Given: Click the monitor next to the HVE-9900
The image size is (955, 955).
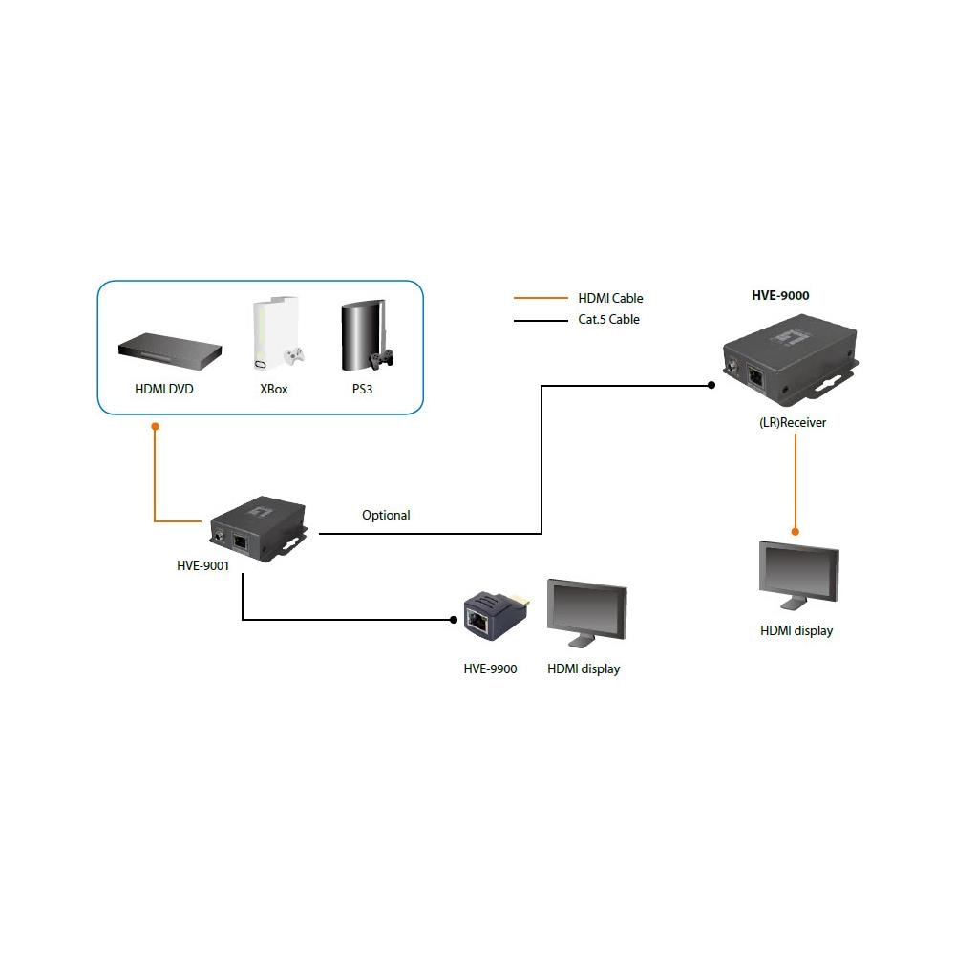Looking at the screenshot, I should [586, 613].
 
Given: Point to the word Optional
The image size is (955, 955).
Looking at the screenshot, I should [386, 515].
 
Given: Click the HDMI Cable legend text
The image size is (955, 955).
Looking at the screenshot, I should [610, 298].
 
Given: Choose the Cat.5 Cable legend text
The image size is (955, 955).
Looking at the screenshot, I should [608, 319].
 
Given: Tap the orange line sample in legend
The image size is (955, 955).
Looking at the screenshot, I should [540, 298].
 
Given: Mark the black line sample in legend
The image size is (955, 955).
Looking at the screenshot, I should [540, 320].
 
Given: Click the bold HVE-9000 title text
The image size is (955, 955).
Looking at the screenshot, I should [780, 295].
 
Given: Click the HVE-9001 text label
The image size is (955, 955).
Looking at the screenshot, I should [203, 564].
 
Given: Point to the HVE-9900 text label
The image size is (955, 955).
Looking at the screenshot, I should [490, 668].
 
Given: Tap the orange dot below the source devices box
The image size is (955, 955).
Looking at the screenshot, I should [155, 429].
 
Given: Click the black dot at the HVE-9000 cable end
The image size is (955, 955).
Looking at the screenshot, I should [711, 386].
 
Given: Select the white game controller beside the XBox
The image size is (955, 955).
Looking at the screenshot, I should [293, 356].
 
